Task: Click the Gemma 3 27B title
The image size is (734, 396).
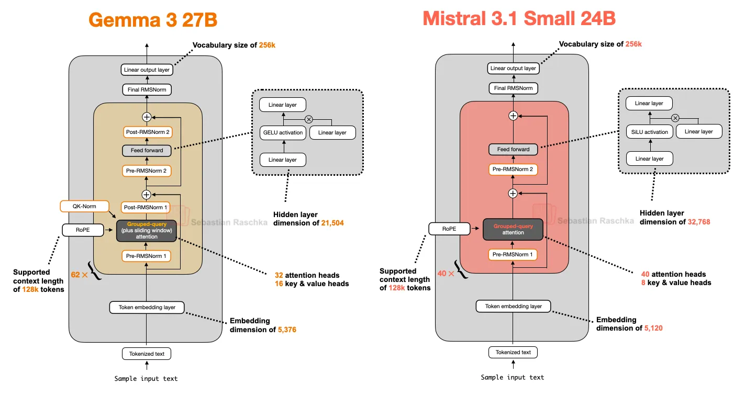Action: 153,20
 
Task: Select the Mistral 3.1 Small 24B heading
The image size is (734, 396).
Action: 519,19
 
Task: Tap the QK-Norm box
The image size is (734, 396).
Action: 84,206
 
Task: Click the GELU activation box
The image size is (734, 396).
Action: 283,132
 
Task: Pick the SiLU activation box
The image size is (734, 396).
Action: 649,132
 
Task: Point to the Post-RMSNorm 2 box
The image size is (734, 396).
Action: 147,132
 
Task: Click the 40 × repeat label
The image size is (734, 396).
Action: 446,273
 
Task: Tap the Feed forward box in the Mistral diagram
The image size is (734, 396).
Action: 513,150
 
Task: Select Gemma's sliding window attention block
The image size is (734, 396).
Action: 147,230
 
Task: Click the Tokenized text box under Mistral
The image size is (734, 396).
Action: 513,352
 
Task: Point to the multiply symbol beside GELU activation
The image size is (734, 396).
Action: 308,119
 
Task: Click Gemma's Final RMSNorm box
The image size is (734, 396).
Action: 147,89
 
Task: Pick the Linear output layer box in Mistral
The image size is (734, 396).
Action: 513,68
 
